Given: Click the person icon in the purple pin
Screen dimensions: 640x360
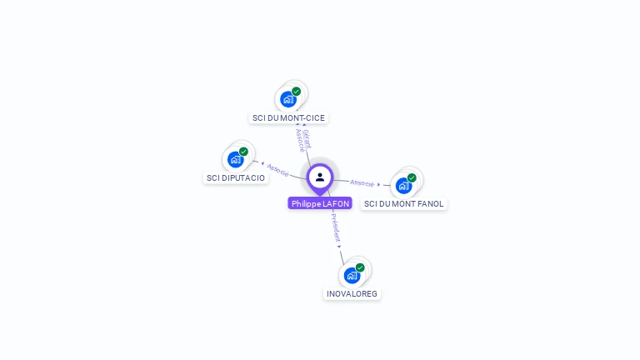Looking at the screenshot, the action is tap(320, 177).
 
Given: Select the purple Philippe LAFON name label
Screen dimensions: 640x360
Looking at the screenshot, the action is tap(320, 203).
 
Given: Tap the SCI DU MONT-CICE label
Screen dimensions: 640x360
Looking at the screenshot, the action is tap(288, 117).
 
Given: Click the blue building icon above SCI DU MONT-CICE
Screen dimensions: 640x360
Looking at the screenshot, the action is tap(288, 99).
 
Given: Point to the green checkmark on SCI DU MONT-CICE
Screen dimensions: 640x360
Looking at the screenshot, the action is tap(296, 92).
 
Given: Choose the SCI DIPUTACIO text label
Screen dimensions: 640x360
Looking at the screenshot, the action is tap(236, 177).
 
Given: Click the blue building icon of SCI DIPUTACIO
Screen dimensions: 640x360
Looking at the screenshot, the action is tap(236, 159).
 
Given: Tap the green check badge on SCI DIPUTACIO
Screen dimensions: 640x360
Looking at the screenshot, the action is tap(243, 152).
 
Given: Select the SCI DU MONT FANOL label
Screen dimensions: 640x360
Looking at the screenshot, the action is tap(404, 203).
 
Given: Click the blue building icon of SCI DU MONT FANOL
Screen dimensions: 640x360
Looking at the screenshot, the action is tap(404, 185).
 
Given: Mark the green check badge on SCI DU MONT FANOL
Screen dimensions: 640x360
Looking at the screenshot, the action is tap(412, 177).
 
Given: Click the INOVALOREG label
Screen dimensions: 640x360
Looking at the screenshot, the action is tap(352, 293).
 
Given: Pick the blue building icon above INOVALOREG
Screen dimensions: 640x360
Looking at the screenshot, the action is tap(352, 275).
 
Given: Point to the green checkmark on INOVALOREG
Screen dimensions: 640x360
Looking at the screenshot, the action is tap(360, 267).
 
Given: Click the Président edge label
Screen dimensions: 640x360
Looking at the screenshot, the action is tap(333, 227).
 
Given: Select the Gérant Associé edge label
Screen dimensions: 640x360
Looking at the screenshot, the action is tap(302, 139).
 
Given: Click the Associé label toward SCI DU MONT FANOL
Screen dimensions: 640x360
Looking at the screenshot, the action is tap(362, 182).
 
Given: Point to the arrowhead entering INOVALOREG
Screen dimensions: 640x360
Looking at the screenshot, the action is tap(340, 247).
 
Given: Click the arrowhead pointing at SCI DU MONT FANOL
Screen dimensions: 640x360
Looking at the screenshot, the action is tap(379, 184).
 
